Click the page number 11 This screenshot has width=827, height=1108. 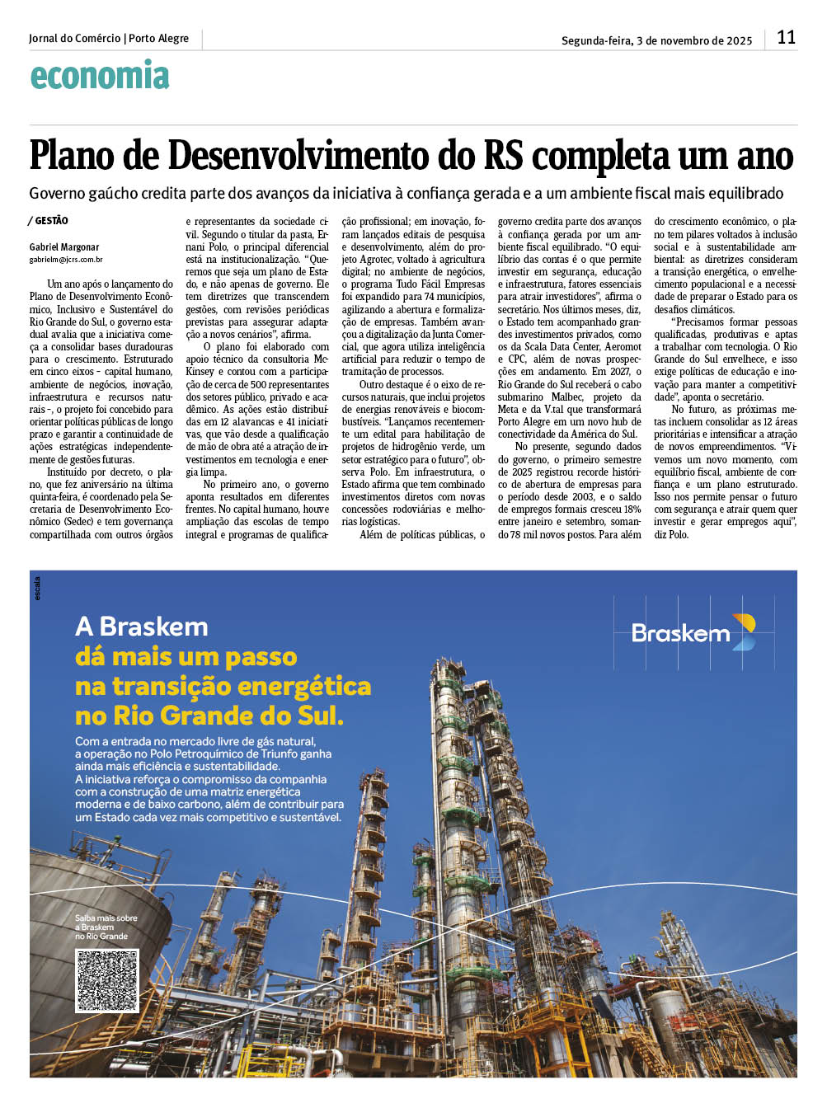(x=786, y=37)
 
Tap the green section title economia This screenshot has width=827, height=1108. (x=100, y=76)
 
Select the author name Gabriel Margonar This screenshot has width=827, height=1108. (x=64, y=247)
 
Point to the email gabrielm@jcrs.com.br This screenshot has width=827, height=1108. (x=66, y=260)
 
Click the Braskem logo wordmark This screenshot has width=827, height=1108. (x=680, y=633)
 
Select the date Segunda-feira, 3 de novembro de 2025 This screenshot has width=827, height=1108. (x=656, y=40)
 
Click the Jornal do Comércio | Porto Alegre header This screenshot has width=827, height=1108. (x=109, y=38)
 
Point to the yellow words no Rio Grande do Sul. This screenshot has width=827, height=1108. (x=209, y=715)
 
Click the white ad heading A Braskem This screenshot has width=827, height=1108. (x=142, y=627)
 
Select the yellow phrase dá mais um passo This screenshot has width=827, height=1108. (x=186, y=657)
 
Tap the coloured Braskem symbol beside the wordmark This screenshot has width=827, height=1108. (x=744, y=631)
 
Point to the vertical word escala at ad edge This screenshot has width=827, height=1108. (x=37, y=588)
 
